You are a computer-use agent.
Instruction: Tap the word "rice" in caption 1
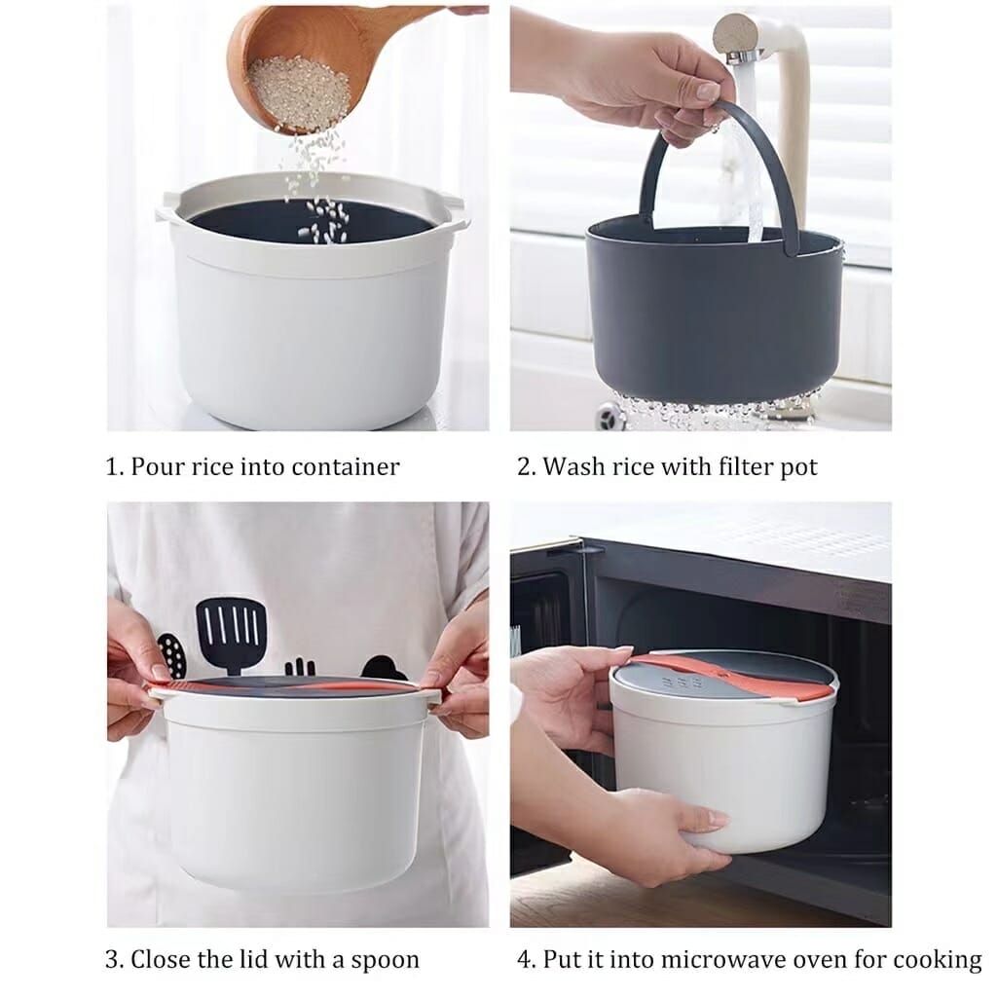tap(216, 466)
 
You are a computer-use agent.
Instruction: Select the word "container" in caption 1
tap(347, 466)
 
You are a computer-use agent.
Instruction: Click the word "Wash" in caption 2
tap(573, 466)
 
